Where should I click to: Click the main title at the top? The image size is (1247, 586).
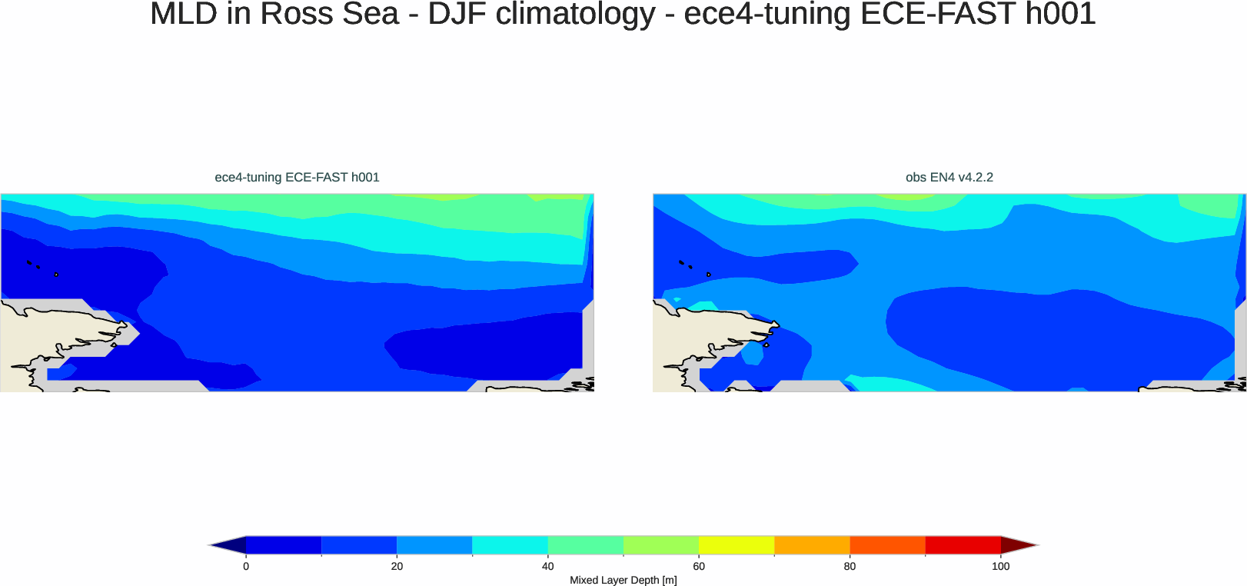tap(623, 14)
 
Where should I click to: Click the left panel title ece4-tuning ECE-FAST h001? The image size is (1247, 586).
tap(297, 178)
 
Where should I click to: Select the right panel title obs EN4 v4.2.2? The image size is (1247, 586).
tap(949, 178)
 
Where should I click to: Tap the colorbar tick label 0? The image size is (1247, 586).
tap(246, 567)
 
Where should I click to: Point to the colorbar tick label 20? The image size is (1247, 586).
tap(397, 567)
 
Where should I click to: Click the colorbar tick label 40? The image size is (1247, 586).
tap(547, 567)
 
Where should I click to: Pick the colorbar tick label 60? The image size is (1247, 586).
tap(699, 567)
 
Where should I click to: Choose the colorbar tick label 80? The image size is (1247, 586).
tap(850, 567)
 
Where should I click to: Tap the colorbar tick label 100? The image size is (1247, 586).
tap(1000, 567)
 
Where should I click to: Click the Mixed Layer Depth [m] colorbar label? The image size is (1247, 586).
tap(623, 581)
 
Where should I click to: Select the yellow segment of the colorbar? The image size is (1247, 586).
tap(737, 545)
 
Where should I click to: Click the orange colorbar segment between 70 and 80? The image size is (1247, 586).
tap(812, 545)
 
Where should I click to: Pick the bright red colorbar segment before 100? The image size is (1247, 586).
tap(963, 545)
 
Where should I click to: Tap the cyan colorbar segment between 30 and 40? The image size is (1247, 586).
tap(510, 545)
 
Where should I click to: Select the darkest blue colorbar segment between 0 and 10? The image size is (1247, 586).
tap(284, 545)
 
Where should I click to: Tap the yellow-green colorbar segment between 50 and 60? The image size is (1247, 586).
tap(661, 545)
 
